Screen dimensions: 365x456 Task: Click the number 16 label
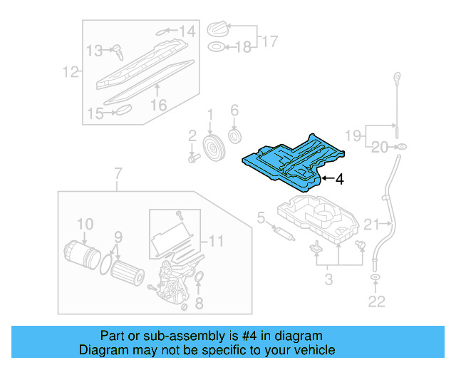coord(157,105)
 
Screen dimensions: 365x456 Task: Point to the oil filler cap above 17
coord(217,30)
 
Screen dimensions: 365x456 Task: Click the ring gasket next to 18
coord(214,48)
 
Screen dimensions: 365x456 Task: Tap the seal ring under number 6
coord(234,135)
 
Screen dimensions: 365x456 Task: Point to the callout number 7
coord(118,173)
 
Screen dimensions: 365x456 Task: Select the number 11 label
coord(215,240)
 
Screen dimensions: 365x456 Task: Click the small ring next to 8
coord(199,277)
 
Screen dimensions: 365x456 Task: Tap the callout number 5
coord(261,216)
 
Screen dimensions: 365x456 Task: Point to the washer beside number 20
coord(401,147)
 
